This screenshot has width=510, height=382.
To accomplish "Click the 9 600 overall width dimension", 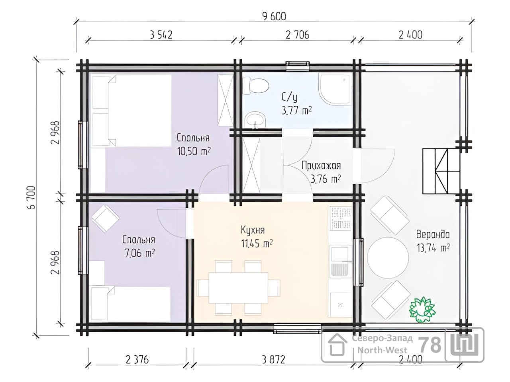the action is [x=274, y=17].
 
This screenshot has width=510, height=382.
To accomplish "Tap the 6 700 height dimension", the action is [x=31, y=197].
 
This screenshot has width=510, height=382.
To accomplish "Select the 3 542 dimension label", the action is [x=161, y=35].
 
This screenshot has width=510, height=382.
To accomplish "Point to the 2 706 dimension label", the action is [x=297, y=35].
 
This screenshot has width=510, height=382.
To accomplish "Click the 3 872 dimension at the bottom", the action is [x=273, y=360].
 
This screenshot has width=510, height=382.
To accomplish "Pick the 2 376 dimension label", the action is [x=137, y=360].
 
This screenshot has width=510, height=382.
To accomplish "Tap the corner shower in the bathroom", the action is [x=336, y=89].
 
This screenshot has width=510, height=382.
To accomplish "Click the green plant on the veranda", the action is [x=422, y=310].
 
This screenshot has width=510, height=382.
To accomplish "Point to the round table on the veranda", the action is [x=388, y=258].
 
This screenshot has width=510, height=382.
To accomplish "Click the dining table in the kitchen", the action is [x=238, y=288].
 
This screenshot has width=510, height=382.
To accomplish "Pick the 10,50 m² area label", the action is [x=194, y=152].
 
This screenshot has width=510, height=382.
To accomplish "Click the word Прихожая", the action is [x=321, y=166].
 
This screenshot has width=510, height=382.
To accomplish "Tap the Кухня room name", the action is [x=253, y=230].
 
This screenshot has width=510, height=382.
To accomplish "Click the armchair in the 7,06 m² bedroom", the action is [x=106, y=219].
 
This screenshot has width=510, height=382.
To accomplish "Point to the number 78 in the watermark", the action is [x=430, y=345].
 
